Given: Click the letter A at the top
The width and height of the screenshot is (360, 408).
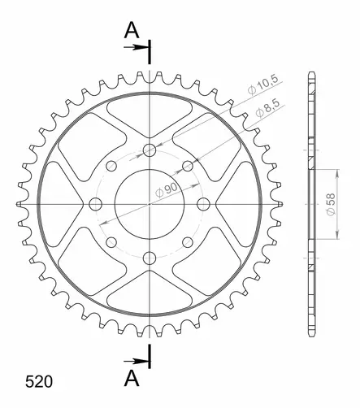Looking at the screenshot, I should [x=131, y=31].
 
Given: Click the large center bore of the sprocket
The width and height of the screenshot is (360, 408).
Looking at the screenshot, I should [x=150, y=203].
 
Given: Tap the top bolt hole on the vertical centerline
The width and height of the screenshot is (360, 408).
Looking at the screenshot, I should [x=150, y=150].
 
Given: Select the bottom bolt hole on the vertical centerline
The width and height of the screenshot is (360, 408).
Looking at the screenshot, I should [x=150, y=257].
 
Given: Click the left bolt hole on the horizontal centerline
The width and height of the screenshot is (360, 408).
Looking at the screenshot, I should [x=96, y=203].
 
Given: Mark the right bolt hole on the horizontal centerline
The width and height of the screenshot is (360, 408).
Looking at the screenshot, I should [x=203, y=203].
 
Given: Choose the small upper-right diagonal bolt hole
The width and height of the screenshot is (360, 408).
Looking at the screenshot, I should [x=188, y=165].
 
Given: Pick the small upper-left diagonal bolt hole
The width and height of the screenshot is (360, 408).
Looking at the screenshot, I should [x=111, y=165].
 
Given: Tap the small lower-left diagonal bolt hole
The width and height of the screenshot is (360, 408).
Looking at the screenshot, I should [x=111, y=241].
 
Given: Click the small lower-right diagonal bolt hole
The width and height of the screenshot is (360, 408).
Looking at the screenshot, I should [x=188, y=241].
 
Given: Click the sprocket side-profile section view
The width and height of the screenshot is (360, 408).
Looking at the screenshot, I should [x=312, y=203].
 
